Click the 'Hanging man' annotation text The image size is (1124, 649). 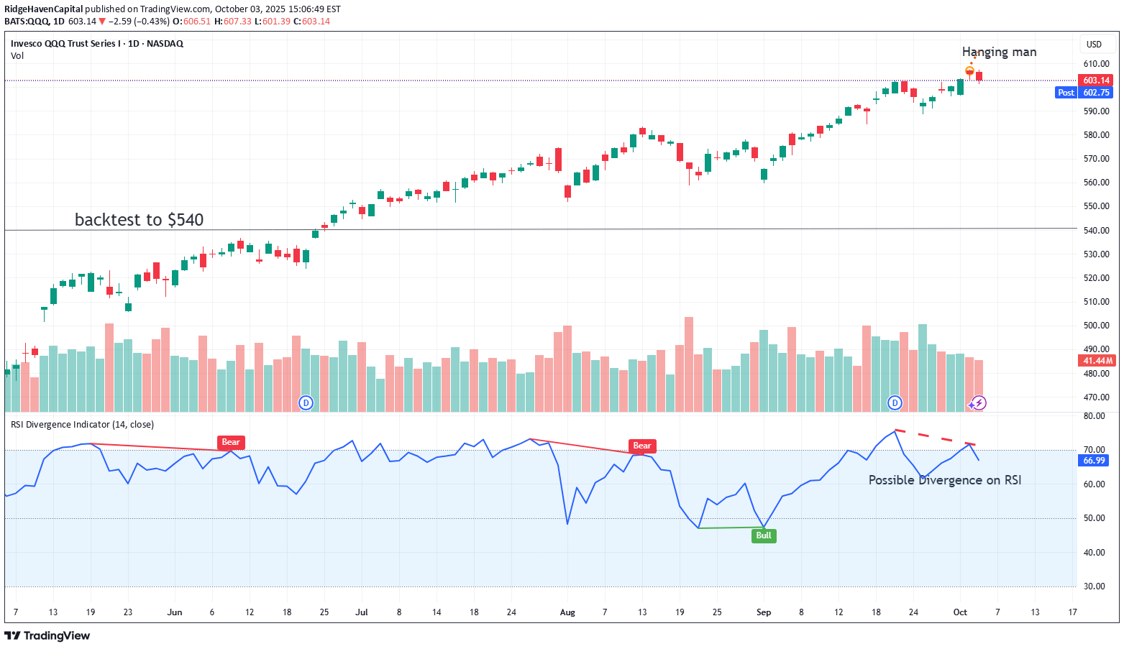click(x=999, y=52)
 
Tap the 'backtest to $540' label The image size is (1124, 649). click(x=139, y=219)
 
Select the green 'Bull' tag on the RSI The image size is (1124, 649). click(x=764, y=535)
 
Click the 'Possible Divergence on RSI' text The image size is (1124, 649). click(x=944, y=480)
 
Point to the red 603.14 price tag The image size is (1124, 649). click(x=1096, y=80)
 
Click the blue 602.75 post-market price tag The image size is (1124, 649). click(x=1096, y=93)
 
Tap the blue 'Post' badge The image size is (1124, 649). click(x=1066, y=93)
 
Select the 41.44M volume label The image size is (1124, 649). click(x=1096, y=361)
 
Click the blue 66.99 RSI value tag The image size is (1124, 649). click(x=1094, y=461)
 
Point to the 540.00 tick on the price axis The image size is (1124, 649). click(x=1096, y=231)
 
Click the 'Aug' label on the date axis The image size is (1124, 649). click(x=567, y=612)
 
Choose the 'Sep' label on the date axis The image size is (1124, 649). click(x=764, y=612)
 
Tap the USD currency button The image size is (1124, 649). click(x=1094, y=45)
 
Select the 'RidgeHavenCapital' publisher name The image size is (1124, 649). click(x=43, y=9)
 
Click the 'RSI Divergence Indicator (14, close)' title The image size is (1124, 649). click(x=82, y=425)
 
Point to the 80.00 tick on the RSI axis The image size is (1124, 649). click(x=1094, y=416)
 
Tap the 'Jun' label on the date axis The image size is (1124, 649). click(x=175, y=612)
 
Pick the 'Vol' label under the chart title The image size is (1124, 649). click(x=17, y=56)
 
